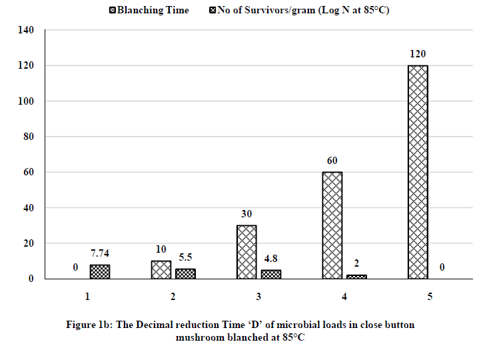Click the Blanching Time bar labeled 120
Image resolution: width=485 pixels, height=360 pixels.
tap(417, 172)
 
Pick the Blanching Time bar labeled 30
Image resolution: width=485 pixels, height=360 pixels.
tap(246, 252)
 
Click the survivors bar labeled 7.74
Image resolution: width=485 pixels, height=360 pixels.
tap(100, 272)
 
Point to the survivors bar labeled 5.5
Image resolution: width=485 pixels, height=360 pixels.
tap(185, 273)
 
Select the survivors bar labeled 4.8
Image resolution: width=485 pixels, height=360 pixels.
tap(271, 274)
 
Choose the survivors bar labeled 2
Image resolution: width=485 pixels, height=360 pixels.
tap(356, 277)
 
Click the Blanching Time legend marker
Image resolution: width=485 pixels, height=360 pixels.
tap(112, 10)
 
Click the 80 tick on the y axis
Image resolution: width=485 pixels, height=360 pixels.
tap(27, 137)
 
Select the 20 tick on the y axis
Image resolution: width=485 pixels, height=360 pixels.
tap(27, 243)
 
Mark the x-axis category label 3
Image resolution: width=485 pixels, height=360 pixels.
tap(258, 296)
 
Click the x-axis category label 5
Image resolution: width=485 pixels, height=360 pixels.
tap(430, 296)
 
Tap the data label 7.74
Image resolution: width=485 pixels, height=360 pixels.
tap(100, 253)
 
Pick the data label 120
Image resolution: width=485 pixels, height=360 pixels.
tap(418, 54)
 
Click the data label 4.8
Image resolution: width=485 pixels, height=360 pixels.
tap(270, 258)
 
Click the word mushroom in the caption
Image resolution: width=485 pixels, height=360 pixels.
tap(199, 337)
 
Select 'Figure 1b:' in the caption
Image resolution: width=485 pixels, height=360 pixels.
tap(91, 325)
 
